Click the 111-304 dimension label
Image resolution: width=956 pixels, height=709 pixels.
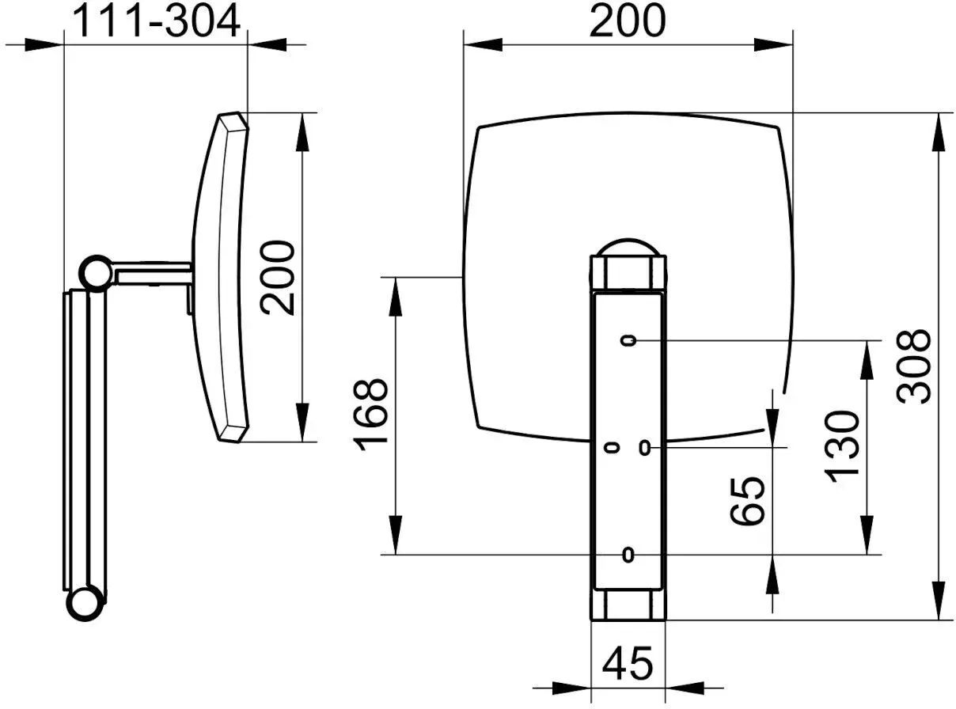[156, 21]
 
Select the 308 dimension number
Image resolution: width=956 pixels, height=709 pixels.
[913, 367]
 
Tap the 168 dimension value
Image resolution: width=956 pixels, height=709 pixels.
[370, 415]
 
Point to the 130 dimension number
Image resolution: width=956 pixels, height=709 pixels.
[841, 447]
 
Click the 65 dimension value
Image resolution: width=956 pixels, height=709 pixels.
[747, 501]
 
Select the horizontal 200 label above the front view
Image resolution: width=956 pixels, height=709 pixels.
[627, 21]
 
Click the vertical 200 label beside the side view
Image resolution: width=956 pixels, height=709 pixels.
[278, 278]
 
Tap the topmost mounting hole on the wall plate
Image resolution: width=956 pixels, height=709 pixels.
[628, 340]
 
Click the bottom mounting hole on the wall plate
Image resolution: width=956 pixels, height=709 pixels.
[628, 554]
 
